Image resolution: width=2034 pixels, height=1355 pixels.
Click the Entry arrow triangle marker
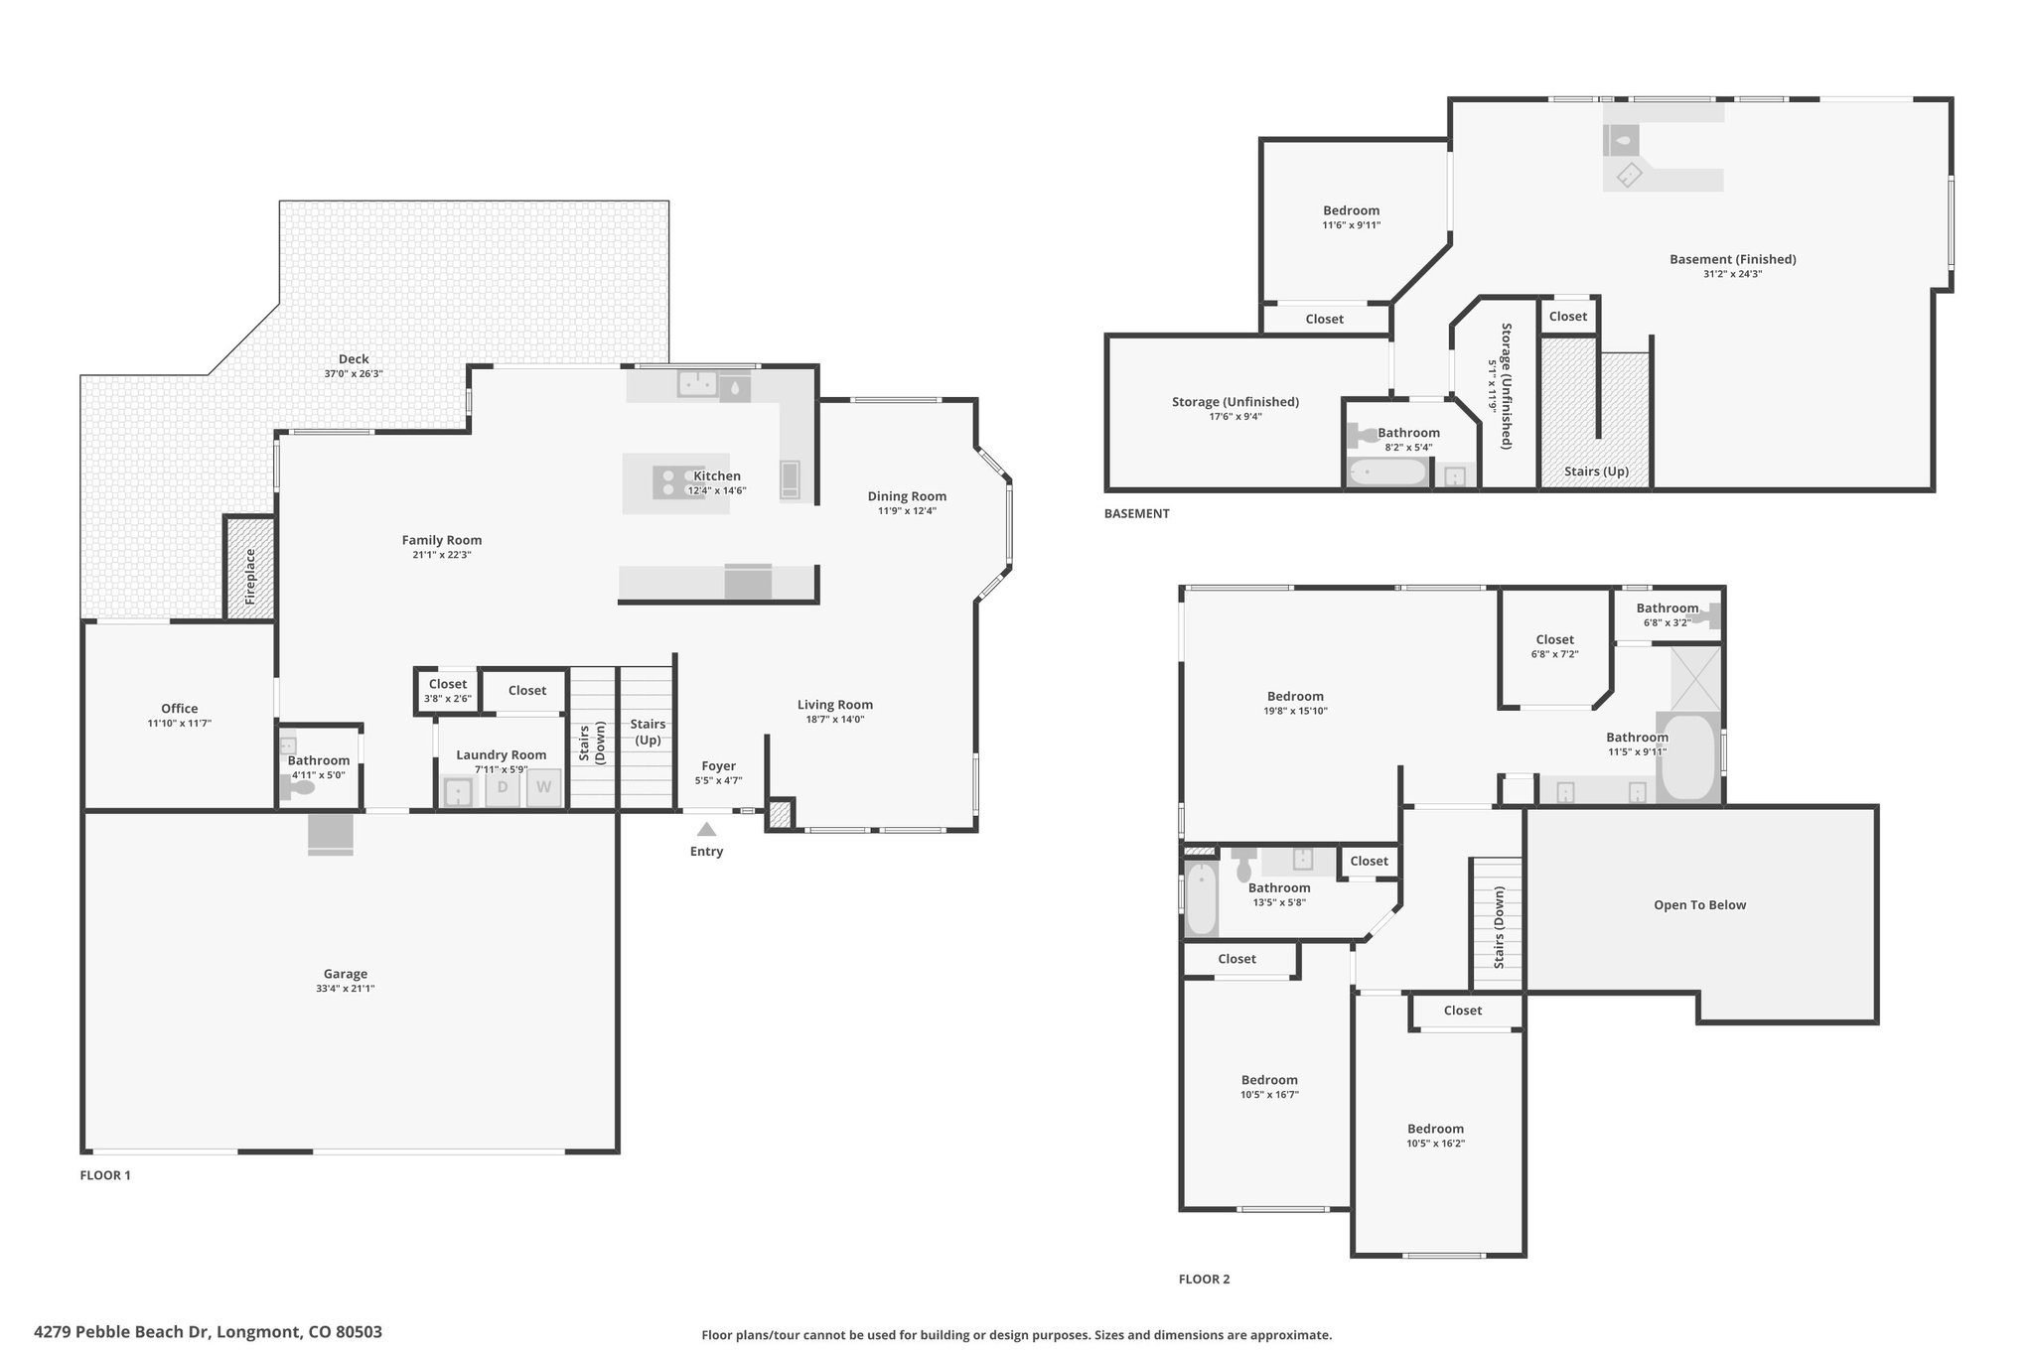706,829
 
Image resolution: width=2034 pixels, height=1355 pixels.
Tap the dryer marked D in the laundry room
503,788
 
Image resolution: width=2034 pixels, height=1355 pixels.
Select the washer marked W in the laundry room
543,788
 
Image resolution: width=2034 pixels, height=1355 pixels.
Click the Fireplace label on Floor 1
250,577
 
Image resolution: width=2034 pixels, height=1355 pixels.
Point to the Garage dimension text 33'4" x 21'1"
346,989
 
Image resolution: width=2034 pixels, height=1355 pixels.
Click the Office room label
180,708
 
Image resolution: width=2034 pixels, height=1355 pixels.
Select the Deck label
354,359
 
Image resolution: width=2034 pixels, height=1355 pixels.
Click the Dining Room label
907,496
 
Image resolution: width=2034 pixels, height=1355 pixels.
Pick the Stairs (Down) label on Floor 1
592,744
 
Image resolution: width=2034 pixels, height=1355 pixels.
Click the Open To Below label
1699,905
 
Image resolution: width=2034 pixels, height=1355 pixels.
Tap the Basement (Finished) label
1733,259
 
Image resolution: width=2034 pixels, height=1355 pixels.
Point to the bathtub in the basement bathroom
1387,473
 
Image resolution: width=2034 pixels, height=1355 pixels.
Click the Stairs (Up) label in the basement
1596,472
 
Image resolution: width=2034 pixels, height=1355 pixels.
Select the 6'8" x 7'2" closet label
1555,654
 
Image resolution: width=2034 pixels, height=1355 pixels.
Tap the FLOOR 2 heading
1204,1280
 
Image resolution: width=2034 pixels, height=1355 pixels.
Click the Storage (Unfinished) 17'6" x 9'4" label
1235,409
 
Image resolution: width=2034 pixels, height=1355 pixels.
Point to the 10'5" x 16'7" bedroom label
1269,1095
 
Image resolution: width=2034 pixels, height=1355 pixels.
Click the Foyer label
718,766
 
